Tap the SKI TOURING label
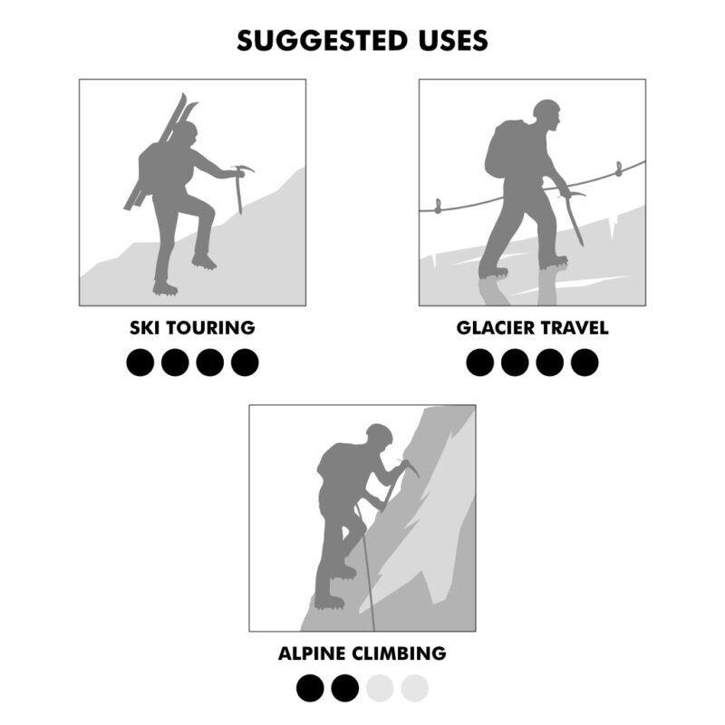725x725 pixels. click(x=192, y=328)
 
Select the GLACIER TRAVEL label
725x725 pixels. click(x=532, y=328)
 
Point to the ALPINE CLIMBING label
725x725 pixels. click(x=362, y=652)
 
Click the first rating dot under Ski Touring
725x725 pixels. click(x=140, y=362)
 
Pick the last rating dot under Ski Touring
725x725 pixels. click(x=245, y=362)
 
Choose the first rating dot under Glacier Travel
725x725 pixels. click(x=480, y=362)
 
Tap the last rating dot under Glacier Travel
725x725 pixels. click(x=585, y=362)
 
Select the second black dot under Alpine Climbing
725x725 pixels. click(x=344, y=689)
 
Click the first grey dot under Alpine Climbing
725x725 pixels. click(x=380, y=689)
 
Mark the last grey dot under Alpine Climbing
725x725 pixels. click(x=414, y=689)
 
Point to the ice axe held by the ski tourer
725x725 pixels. click(x=239, y=186)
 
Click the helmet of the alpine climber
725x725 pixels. click(x=379, y=433)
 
